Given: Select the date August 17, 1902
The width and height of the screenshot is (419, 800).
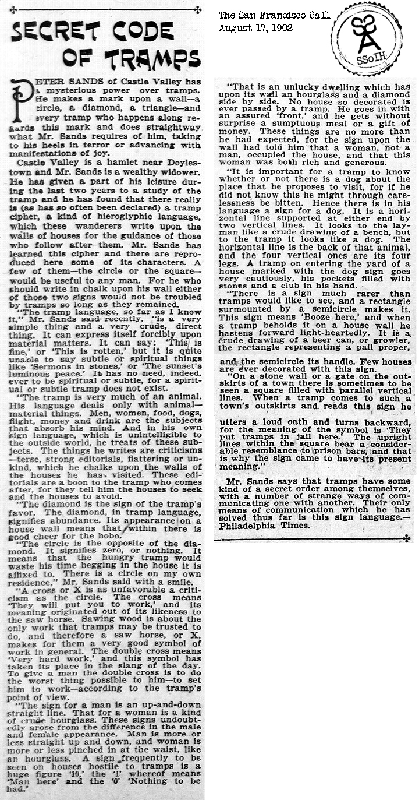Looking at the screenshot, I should (x=255, y=27).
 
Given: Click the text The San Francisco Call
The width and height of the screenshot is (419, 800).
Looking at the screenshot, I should (x=274, y=15).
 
